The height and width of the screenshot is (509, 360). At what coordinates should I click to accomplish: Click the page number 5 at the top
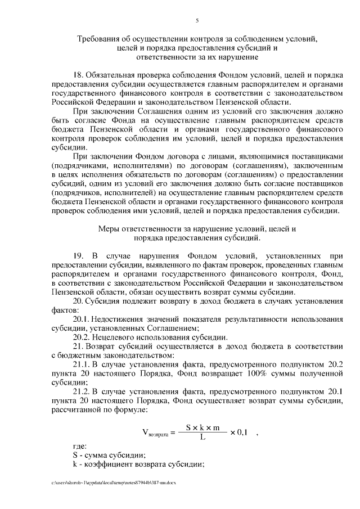click(197, 21)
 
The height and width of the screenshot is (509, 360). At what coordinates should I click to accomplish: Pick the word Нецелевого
click(114, 337)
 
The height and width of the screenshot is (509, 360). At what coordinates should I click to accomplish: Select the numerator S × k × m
click(202, 427)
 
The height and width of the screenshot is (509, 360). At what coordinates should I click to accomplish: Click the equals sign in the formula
click(173, 432)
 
